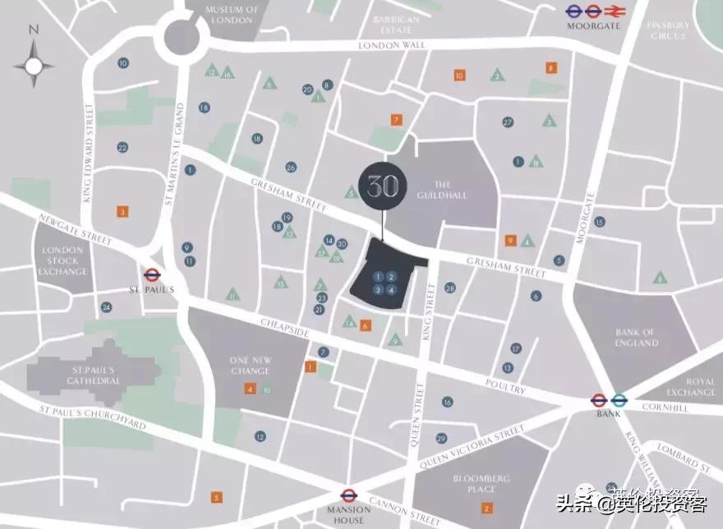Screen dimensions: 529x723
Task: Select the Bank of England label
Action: (637, 337)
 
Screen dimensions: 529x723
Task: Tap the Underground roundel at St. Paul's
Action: (151, 276)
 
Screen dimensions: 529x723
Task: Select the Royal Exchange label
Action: (690, 386)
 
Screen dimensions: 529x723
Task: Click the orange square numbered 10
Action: (459, 76)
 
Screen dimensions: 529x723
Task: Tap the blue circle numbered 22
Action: (122, 148)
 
